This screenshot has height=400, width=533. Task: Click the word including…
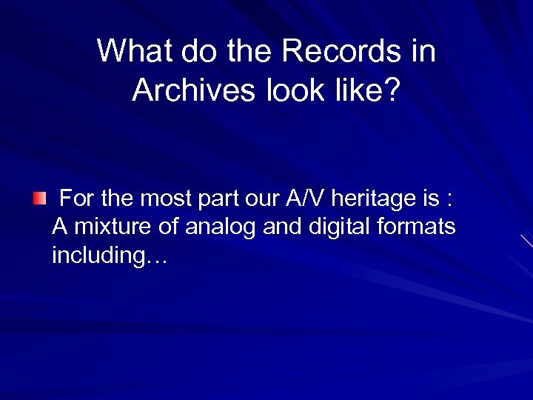click(110, 256)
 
